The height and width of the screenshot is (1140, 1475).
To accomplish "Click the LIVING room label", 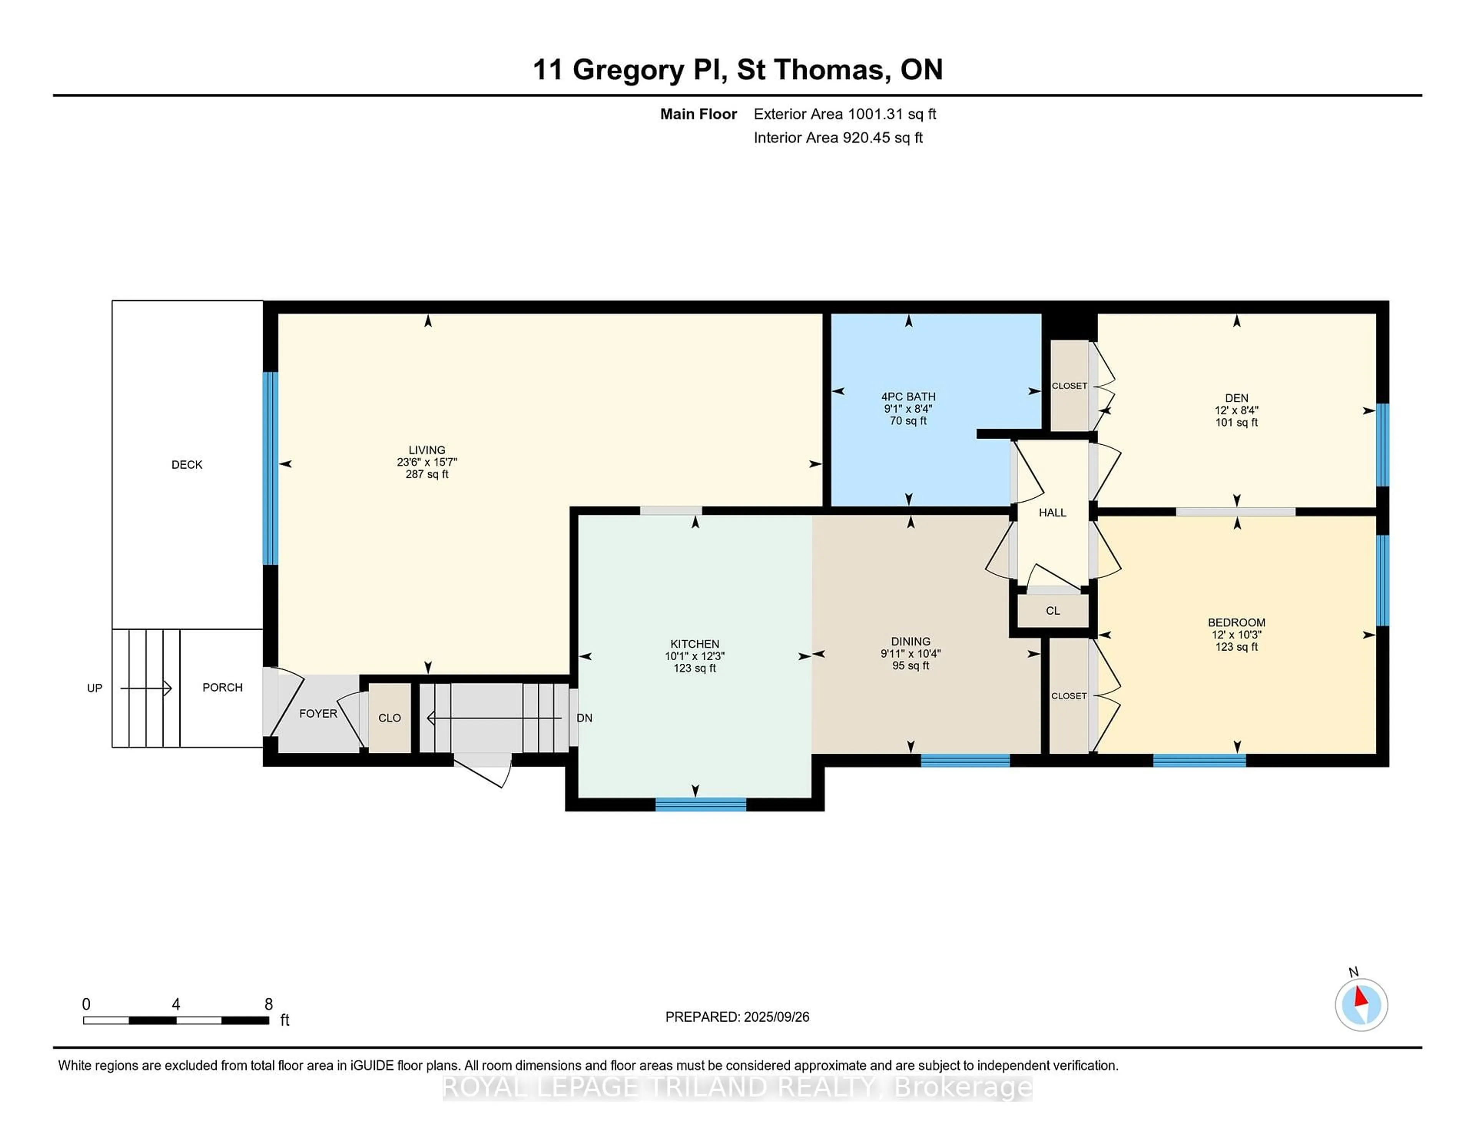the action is click(x=427, y=450).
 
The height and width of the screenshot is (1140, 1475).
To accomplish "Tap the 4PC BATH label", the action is click(x=908, y=396).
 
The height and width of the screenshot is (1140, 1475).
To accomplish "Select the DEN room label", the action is click(x=1236, y=398).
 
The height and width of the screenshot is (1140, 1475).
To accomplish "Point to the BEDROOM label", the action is click(x=1236, y=623).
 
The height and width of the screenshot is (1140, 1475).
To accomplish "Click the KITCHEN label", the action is click(x=694, y=644).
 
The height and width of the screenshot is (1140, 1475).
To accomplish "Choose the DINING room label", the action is click(x=910, y=641).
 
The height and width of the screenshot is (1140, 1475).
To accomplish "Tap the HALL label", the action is click(x=1052, y=513).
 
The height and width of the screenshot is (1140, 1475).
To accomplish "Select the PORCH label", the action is click(x=222, y=688).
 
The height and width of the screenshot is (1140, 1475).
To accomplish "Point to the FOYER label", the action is click(x=318, y=713).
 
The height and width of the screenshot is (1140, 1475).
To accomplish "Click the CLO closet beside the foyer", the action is click(x=390, y=718).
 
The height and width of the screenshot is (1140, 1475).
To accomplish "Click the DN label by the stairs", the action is click(x=585, y=718).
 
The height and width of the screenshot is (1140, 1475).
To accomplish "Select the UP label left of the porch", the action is click(x=94, y=688).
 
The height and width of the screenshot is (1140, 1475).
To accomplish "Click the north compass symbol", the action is click(x=1361, y=1004).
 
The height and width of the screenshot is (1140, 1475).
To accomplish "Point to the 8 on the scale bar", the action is click(x=269, y=1004).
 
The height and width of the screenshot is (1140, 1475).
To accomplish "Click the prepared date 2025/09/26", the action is click(x=776, y=1017).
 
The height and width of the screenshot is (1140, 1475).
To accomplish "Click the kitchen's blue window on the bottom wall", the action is click(x=701, y=804).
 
